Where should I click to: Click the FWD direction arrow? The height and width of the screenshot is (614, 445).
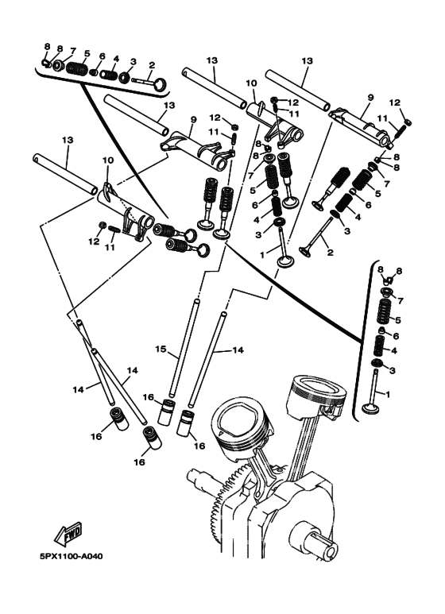[68, 534]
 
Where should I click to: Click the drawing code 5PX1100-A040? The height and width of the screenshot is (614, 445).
[71, 556]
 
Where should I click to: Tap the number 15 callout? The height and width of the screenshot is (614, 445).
[161, 349]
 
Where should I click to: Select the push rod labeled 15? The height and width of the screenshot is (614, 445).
[184, 348]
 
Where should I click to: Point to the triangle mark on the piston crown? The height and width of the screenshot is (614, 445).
[221, 434]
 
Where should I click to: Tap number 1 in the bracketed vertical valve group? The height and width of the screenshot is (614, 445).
[389, 395]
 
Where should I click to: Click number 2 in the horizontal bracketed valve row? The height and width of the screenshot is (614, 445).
[152, 65]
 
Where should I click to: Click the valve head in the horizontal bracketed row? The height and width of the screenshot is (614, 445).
[161, 83]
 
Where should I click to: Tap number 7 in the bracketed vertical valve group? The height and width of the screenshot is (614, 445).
[400, 301]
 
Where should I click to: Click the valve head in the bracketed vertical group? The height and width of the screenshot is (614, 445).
[371, 408]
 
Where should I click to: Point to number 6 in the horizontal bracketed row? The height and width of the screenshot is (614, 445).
[103, 56]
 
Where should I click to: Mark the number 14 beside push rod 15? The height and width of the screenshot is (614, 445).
[238, 350]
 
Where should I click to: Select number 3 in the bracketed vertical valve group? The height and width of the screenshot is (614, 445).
[393, 370]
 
